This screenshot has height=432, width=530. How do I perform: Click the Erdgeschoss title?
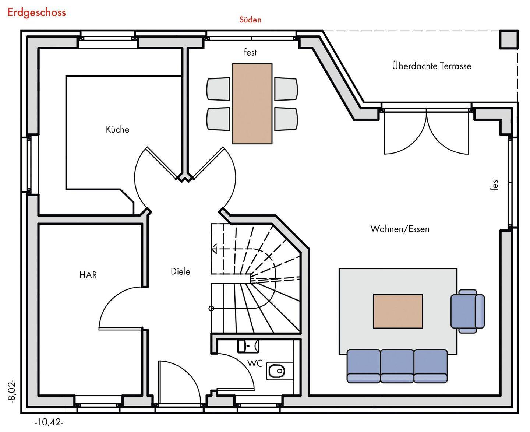pos(36,12)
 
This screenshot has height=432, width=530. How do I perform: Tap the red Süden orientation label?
pos(250,20)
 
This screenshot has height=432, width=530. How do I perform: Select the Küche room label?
pos(117,129)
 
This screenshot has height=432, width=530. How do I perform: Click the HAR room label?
pos(88,275)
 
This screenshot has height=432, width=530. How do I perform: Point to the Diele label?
pos(180,271)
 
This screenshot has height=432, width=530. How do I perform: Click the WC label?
pos(255,363)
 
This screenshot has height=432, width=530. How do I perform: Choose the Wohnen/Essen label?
pos(400,229)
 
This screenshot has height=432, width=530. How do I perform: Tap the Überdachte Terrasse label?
pos(431,66)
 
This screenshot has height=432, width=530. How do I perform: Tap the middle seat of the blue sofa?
pos(397,366)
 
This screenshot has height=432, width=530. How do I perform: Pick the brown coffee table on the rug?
pos(398,311)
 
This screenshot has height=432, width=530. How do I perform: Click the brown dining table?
pos(252,103)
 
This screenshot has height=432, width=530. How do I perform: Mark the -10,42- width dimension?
pos(49,422)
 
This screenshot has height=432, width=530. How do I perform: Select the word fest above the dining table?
pos(250,52)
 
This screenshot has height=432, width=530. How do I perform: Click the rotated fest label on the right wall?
pos(495,184)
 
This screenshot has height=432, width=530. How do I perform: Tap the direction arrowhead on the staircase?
pos(214,249)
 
